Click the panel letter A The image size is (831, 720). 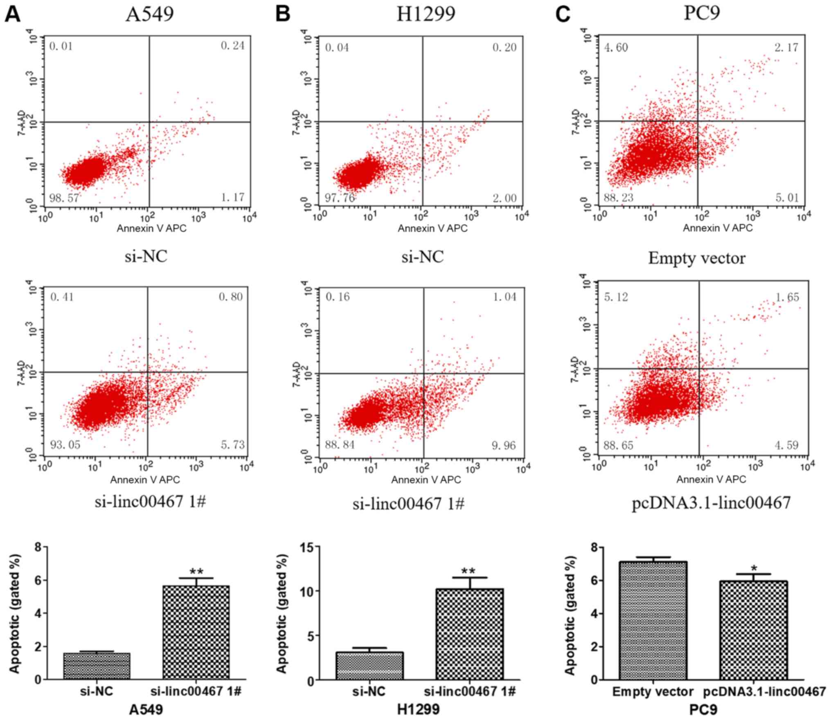pyautogui.click(x=12, y=15)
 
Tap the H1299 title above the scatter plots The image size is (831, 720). pyautogui.click(x=426, y=15)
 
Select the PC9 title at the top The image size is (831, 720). pyautogui.click(x=702, y=13)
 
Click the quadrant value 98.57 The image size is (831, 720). pyautogui.click(x=64, y=198)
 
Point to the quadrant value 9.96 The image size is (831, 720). pyautogui.click(x=504, y=445)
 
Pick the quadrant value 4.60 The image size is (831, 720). pyautogui.click(x=616, y=48)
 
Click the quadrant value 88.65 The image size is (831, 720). pyautogui.click(x=618, y=445)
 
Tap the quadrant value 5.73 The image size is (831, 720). pyautogui.click(x=232, y=444)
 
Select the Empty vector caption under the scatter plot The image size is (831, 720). pyautogui.click(x=697, y=258)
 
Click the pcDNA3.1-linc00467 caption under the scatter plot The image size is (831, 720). pyautogui.click(x=711, y=503)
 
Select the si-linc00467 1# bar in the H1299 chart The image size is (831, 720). pyautogui.click(x=469, y=634)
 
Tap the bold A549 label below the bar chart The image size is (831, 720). pyautogui.click(x=146, y=709)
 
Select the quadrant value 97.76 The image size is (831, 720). pyautogui.click(x=340, y=198)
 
